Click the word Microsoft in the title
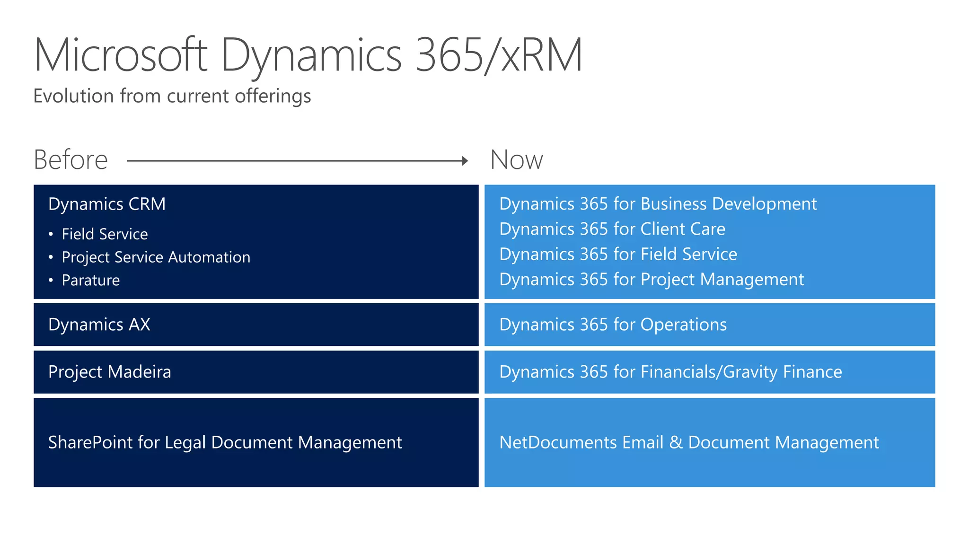point(121,55)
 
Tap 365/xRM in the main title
point(499,55)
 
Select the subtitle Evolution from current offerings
point(172,96)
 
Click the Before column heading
point(71,160)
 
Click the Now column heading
point(517,160)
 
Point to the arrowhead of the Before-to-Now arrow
point(465,161)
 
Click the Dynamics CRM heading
point(107,204)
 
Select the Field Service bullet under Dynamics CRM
point(105,234)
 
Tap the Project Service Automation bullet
point(156,257)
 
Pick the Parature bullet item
point(90,280)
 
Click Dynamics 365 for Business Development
point(658,204)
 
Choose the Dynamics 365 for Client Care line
point(612,229)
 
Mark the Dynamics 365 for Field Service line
point(618,255)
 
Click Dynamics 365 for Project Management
point(652,280)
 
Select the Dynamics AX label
point(99,325)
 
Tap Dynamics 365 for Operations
point(613,325)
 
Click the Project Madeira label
point(110,372)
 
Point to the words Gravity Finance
point(783,372)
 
